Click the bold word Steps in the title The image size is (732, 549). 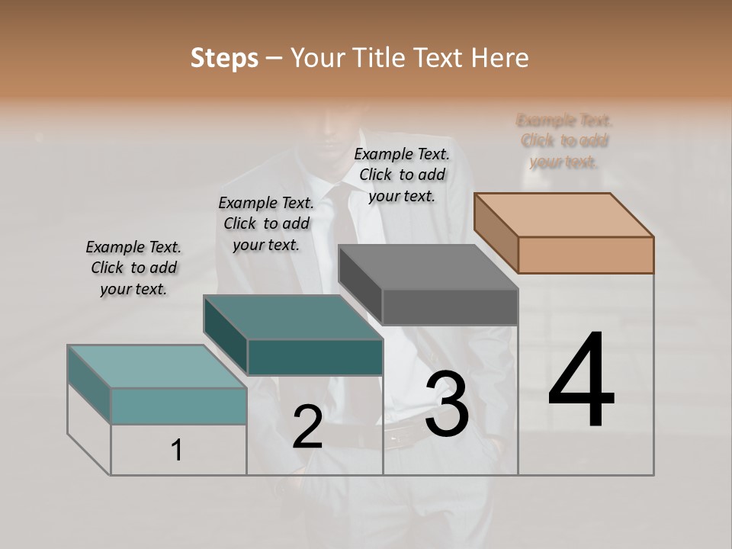[x=224, y=57]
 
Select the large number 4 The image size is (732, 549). [x=581, y=381]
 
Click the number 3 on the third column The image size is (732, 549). [x=447, y=405]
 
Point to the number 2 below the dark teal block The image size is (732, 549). [x=307, y=427]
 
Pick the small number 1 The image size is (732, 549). [x=176, y=451]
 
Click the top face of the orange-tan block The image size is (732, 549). [x=563, y=215]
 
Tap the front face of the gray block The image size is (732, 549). [x=450, y=307]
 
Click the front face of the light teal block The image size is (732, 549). [x=178, y=406]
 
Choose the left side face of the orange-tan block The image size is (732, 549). [x=496, y=233]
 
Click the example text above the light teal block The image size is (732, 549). [x=133, y=268]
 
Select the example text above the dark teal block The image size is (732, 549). [x=266, y=223]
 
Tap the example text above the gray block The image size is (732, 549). [x=402, y=175]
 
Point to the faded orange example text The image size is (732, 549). [x=564, y=141]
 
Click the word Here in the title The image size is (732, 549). [x=501, y=57]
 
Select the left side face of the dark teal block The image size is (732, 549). [x=225, y=335]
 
